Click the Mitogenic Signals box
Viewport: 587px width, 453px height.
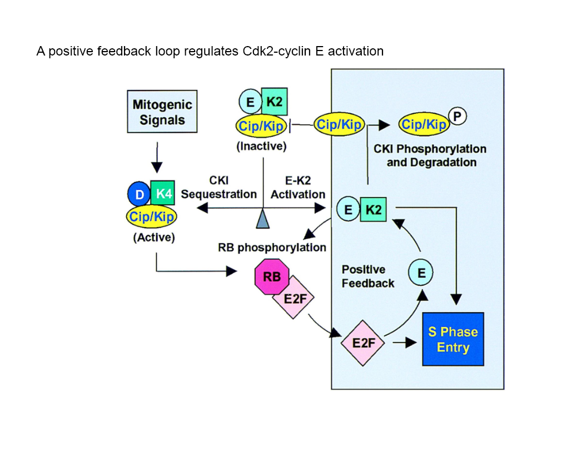[x=162, y=112]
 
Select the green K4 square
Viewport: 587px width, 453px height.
[x=163, y=194]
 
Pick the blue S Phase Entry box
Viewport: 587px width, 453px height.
[x=453, y=339]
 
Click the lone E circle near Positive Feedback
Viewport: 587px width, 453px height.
[x=421, y=273]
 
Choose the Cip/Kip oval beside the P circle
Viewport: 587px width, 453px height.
[x=424, y=125]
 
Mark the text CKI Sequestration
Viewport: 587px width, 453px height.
[x=218, y=188]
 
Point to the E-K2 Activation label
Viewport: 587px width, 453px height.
[x=298, y=188]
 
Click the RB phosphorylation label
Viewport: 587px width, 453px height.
[x=272, y=248]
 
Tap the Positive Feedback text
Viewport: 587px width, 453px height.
[x=368, y=276]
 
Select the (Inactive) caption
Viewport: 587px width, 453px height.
[x=261, y=147]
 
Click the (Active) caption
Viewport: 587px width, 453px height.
[x=154, y=238]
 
